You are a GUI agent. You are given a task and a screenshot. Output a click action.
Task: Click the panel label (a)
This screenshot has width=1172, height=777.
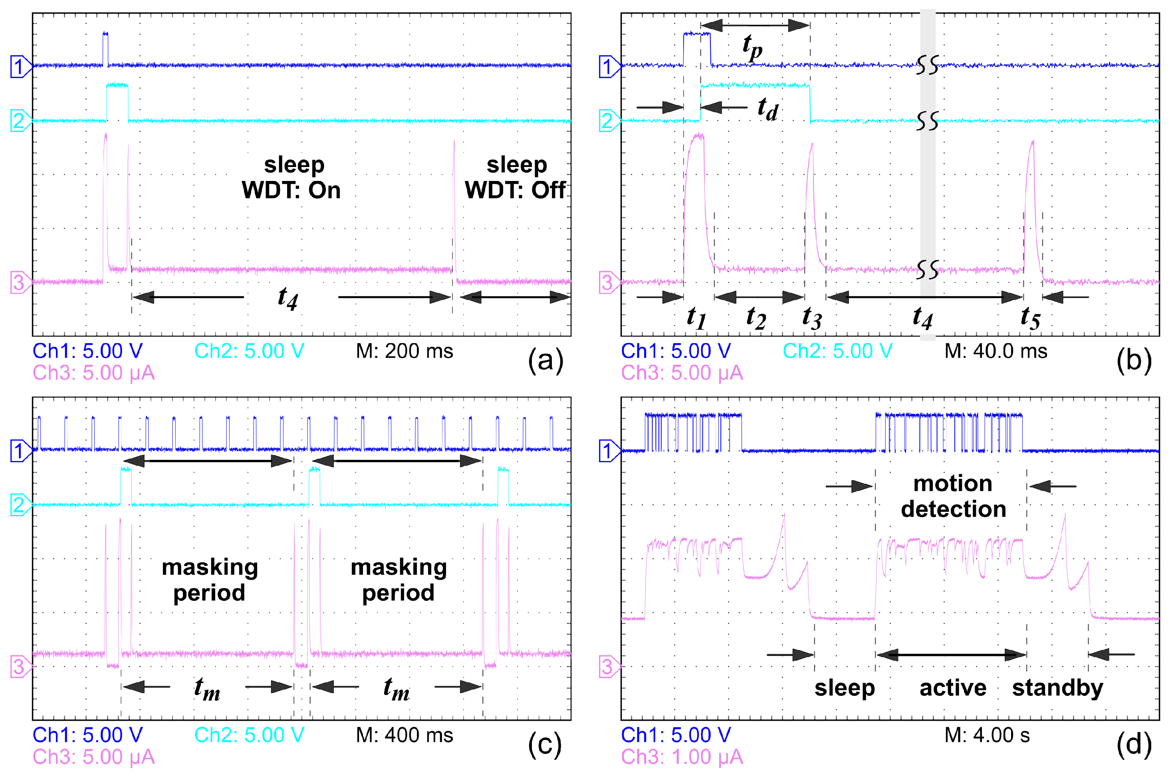[545, 361]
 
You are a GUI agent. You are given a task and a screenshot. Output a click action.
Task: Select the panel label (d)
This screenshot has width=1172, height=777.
[1134, 745]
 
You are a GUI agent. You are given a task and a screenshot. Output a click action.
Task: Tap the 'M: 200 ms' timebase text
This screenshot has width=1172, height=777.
[404, 351]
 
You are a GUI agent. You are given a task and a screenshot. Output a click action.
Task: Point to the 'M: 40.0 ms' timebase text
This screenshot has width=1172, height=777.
[996, 351]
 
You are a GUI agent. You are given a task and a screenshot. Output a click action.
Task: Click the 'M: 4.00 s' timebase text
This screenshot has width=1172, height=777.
[987, 735]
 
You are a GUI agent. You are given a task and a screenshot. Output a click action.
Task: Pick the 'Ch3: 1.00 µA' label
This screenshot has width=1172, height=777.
[682, 757]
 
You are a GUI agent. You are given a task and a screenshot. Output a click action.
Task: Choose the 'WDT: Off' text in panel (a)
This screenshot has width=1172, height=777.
[515, 190]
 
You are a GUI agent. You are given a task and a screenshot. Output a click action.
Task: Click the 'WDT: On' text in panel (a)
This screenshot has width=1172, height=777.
[291, 190]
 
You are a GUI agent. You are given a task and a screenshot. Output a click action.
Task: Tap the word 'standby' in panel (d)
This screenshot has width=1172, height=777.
[1057, 688]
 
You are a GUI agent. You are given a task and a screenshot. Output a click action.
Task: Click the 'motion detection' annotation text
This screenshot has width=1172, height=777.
[953, 497]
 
